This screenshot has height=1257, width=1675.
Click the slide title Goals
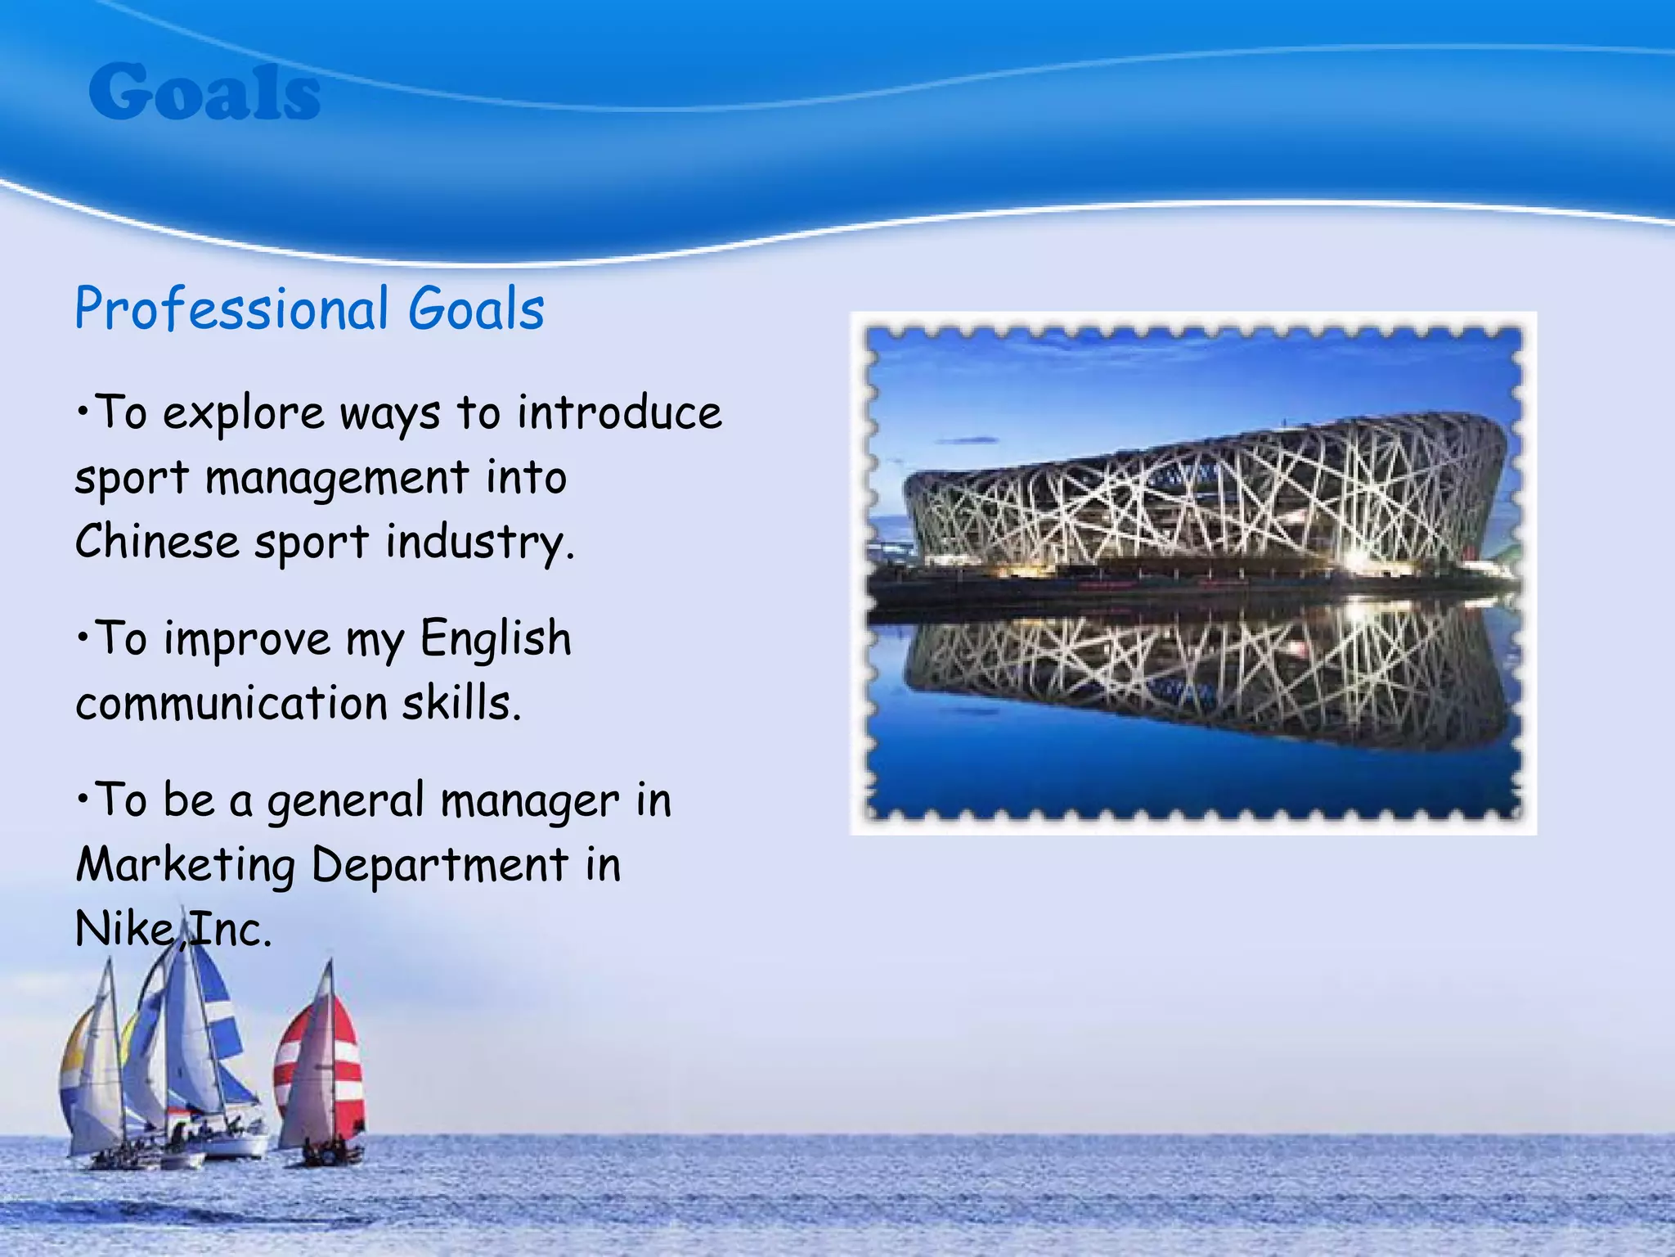point(204,92)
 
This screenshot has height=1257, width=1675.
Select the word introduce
point(619,412)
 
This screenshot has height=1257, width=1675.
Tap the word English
point(496,639)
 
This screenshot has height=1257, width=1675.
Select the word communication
point(231,704)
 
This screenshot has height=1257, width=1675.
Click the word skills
point(460,704)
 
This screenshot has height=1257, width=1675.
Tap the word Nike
point(123,930)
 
